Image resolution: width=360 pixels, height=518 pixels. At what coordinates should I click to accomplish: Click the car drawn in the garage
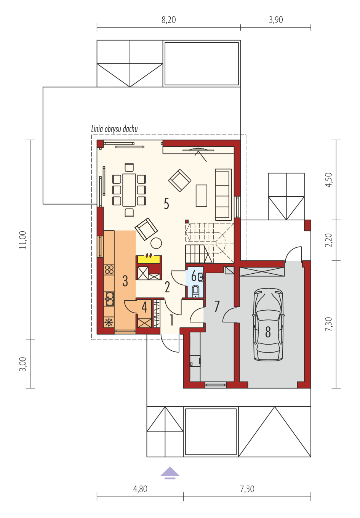pos(269,324)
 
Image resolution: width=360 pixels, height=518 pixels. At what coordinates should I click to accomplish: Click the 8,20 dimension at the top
pos(169,20)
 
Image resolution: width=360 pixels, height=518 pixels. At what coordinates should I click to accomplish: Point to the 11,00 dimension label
pos(23,240)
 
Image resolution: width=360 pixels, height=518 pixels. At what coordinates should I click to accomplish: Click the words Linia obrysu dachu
pos(114,129)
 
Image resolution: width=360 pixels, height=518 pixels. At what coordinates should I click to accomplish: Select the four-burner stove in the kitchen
pos(109,269)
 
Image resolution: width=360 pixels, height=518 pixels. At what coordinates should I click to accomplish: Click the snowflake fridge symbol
pos(109,322)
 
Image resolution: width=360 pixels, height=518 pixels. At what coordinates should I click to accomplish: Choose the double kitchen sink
pos(109,298)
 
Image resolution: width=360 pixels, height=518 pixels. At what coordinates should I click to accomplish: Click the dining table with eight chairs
pos(129,190)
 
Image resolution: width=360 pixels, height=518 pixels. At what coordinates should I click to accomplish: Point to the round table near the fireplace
pos(156,243)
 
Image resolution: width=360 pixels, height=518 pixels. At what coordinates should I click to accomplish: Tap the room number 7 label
pos(217,306)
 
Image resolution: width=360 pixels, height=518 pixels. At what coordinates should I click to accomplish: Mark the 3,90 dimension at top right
pos(276,20)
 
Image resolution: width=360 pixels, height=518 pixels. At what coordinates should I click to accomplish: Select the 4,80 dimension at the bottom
pos(140,489)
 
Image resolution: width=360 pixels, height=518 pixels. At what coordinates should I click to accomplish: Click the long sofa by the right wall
pos(224,194)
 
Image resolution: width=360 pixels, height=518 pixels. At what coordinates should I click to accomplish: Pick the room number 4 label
pos(144,307)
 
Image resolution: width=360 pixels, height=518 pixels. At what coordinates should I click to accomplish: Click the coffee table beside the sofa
pos(202,196)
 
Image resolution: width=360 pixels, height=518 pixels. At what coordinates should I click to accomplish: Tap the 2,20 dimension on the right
pos(328,240)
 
